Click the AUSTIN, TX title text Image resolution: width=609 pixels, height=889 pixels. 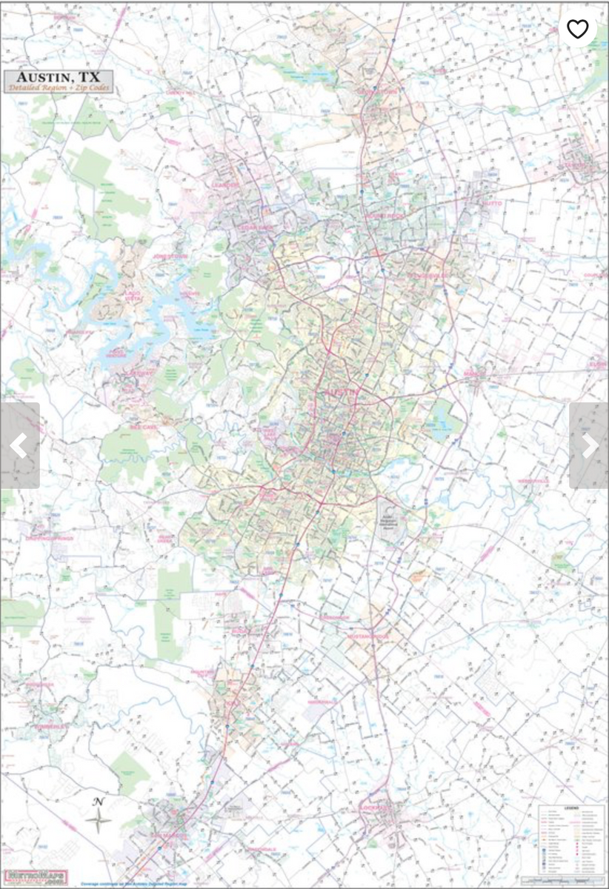point(59,78)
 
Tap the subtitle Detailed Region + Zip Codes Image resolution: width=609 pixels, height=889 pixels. point(59,88)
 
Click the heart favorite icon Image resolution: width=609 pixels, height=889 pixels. point(577,29)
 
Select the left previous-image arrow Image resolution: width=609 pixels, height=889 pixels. point(19,446)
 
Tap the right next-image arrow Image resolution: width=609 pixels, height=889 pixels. point(589,446)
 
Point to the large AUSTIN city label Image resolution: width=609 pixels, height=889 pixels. point(338,393)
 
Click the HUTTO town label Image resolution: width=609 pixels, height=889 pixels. point(492,202)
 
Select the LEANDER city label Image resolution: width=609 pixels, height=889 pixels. point(225,185)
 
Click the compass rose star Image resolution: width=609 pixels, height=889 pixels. point(98,820)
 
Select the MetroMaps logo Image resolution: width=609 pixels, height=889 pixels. point(34,877)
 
